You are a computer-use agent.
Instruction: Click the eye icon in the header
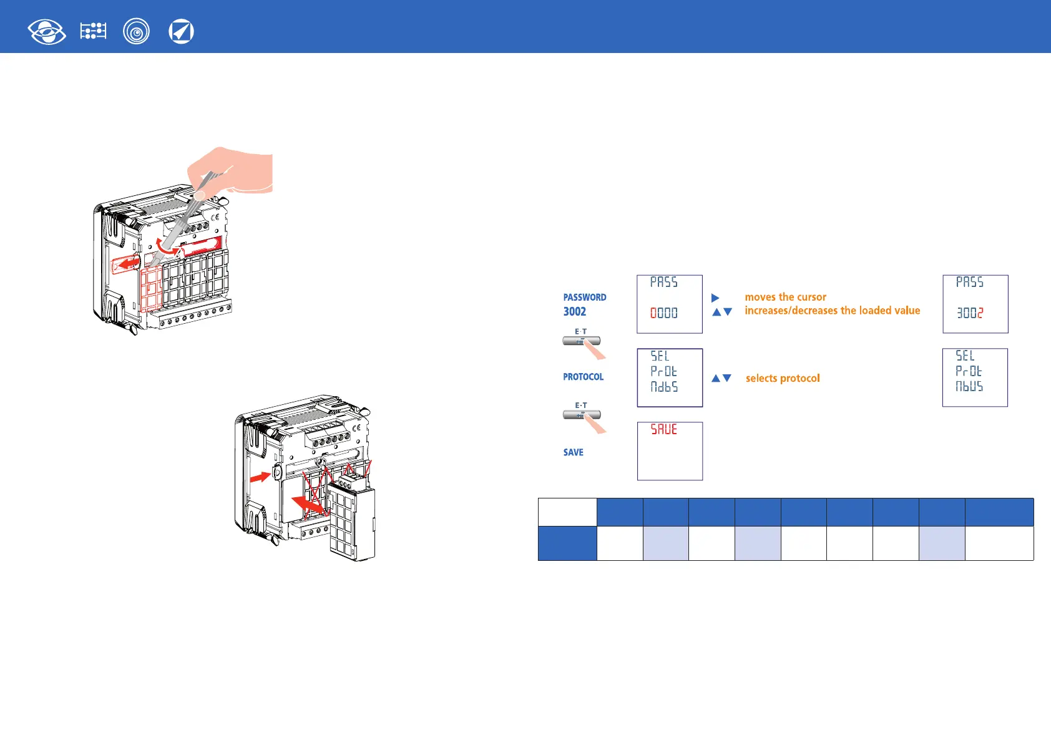click(x=47, y=31)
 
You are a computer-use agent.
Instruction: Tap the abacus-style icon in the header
click(x=93, y=31)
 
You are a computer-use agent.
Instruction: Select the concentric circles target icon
click(x=136, y=31)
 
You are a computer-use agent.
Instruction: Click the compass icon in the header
click(x=181, y=31)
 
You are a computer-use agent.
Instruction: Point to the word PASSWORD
click(x=584, y=298)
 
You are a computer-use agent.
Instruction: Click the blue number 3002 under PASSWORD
click(x=574, y=311)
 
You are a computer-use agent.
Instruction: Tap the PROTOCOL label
click(x=583, y=377)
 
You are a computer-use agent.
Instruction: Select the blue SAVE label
click(x=573, y=452)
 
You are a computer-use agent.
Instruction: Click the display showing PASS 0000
click(x=669, y=304)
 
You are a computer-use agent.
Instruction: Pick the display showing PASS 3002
click(x=975, y=304)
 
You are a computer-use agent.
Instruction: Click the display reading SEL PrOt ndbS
click(x=669, y=377)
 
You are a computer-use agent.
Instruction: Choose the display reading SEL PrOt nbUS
click(x=974, y=377)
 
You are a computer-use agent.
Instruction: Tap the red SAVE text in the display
click(x=663, y=429)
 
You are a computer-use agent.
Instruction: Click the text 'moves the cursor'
click(x=785, y=297)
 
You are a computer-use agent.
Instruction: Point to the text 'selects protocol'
click(x=783, y=378)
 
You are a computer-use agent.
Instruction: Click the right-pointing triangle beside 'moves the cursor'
click(x=715, y=298)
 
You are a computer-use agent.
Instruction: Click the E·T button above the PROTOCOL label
click(x=581, y=341)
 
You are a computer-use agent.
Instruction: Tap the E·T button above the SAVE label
click(x=581, y=414)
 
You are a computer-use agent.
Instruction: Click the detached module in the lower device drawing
click(x=353, y=521)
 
